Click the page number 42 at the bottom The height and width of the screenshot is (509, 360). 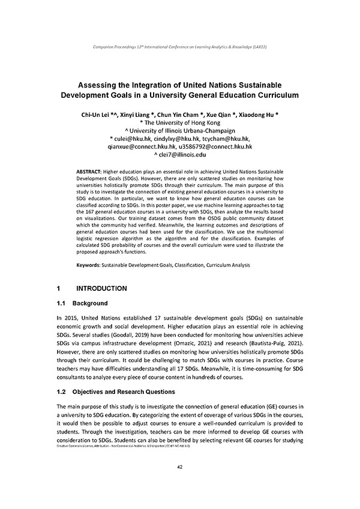point(180,467)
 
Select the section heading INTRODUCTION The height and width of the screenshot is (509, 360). point(102,288)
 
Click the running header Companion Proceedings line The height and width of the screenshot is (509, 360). point(180,47)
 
